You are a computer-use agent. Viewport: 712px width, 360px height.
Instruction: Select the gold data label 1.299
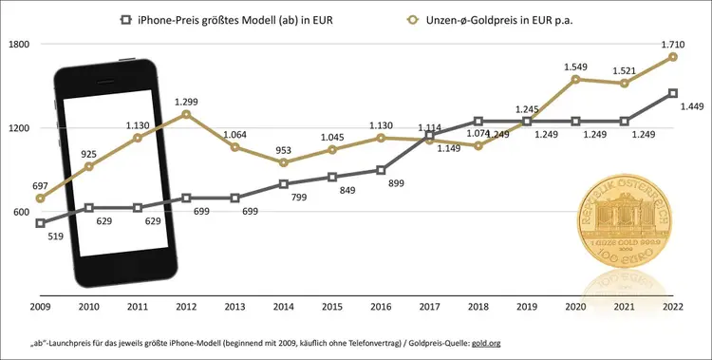tap(187, 101)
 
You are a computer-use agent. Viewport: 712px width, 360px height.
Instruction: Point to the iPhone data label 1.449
tap(690, 106)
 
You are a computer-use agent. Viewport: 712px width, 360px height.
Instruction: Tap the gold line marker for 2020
tap(575, 79)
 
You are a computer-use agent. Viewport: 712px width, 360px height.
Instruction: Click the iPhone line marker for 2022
tap(673, 93)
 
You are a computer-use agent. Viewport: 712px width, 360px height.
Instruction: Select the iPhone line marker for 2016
tap(381, 170)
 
